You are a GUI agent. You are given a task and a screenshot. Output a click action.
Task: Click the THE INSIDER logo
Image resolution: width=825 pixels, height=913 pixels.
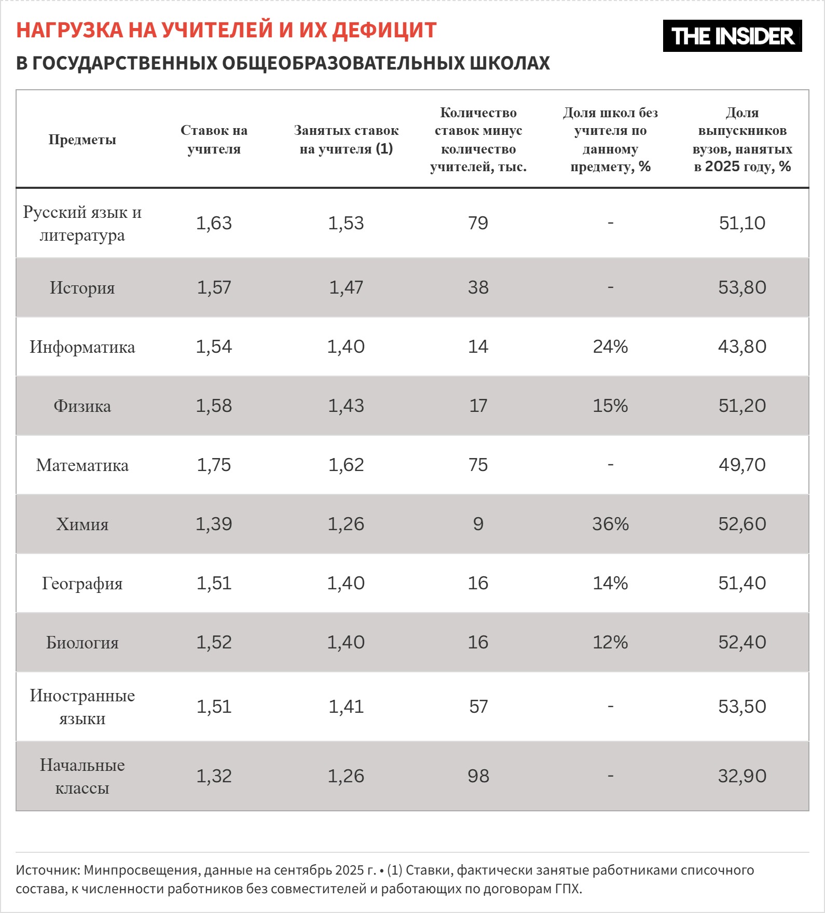pos(732,36)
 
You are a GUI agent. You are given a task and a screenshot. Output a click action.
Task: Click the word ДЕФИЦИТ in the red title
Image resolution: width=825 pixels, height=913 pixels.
pos(384,30)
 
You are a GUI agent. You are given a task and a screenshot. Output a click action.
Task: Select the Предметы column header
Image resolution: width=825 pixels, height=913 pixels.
pos(82,140)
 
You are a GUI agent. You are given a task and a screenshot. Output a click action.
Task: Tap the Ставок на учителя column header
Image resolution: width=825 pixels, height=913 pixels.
pos(214,140)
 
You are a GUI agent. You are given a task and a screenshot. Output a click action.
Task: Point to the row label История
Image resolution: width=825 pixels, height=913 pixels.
pos(82,287)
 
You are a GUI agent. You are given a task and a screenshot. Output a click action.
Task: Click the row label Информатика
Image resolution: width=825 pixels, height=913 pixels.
pos(82,347)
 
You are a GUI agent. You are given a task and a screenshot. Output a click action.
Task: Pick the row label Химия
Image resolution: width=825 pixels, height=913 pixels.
pos(82,524)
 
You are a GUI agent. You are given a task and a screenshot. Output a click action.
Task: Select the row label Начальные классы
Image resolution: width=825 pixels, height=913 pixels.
pos(82,776)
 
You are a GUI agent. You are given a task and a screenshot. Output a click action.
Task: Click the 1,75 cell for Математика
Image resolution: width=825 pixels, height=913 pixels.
pos(214,465)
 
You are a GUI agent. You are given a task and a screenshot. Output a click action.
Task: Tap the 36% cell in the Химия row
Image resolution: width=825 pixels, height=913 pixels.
pos(610,524)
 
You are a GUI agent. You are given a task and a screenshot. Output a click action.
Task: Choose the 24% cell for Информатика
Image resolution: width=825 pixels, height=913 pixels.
pos(610,347)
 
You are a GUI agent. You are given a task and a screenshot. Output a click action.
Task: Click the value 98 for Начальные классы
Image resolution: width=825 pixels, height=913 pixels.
pos(478,776)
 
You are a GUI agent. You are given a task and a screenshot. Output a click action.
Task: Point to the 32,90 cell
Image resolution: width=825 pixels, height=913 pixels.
pos(742,776)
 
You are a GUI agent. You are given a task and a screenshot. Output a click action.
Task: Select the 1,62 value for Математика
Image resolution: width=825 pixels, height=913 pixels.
pos(346,465)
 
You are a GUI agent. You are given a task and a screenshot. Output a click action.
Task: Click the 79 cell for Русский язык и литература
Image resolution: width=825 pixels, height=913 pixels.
pos(478,223)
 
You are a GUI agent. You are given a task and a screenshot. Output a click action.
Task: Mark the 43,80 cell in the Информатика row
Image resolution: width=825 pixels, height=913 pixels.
pos(742,347)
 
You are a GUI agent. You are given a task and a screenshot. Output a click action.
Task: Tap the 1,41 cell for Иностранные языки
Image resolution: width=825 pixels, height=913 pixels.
pos(346,707)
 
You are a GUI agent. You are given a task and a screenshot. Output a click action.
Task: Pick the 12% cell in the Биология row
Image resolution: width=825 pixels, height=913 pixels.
pos(610,642)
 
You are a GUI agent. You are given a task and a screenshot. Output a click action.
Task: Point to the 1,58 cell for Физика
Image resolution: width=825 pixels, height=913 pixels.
pos(214,406)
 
